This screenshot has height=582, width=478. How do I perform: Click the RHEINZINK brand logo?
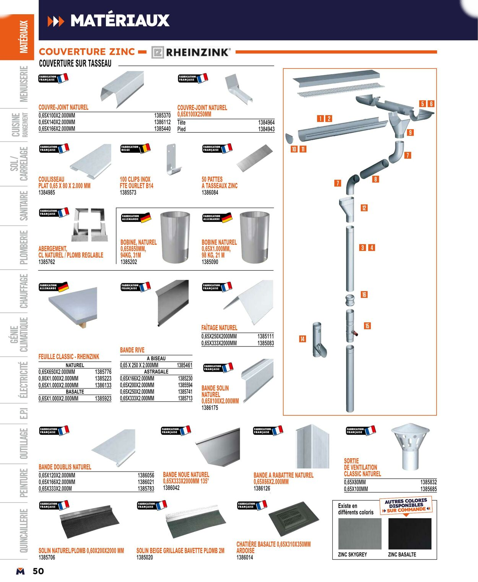coord(191,52)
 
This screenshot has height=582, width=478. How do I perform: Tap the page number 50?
coord(38,571)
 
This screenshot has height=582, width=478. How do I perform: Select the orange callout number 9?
coord(410,133)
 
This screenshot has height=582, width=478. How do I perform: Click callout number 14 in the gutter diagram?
coord(302,339)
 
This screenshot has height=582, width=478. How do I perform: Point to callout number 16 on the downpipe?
coord(364,294)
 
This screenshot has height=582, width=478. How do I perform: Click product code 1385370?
coord(162,115)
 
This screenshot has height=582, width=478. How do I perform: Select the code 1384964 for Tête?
coord(266,122)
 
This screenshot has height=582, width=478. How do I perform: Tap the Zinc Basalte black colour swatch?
coord(410,534)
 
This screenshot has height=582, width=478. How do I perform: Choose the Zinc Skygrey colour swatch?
coord(360,534)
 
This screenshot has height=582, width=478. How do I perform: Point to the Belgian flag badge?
coord(135,148)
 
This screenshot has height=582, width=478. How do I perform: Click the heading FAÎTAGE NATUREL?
coord(219,328)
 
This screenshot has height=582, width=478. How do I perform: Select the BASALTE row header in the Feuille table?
coord(75,392)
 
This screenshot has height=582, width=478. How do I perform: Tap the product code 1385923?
coord(103,398)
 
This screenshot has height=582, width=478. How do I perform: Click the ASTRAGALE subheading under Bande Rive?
coord(156,372)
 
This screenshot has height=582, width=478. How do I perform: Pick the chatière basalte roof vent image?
coord(293,519)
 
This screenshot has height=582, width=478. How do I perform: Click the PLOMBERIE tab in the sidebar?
coord(24,247)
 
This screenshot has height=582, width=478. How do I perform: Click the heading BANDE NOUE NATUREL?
coord(186,475)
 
